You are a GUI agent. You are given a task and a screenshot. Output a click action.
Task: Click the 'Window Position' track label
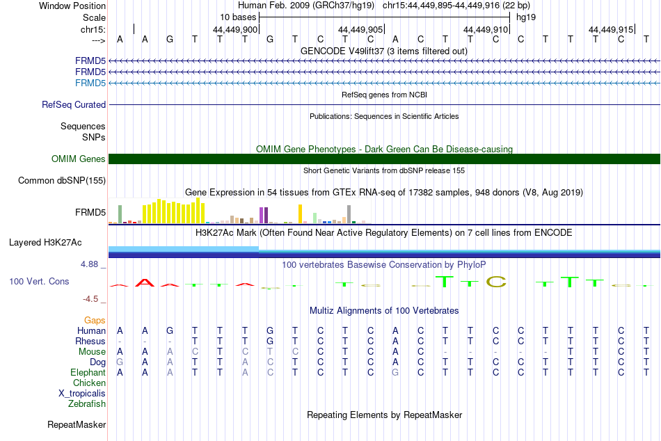pos(72,6)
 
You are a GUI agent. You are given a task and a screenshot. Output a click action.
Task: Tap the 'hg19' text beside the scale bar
pos(526,17)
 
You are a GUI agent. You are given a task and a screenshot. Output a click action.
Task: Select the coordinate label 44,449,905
pos(360,29)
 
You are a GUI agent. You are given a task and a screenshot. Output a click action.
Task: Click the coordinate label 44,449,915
pos(611,29)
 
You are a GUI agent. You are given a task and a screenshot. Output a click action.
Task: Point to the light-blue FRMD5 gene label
pos(90,83)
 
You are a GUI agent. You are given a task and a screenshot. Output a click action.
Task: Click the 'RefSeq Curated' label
pos(74,104)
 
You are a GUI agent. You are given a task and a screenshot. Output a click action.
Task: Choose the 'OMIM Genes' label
pos(79,159)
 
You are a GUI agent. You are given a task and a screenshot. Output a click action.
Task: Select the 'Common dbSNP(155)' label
pos(62,180)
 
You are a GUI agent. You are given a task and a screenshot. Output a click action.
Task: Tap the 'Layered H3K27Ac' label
pos(45,243)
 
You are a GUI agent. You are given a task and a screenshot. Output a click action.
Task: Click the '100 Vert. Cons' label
pos(39,281)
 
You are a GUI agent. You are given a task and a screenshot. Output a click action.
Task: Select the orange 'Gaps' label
pos(95,321)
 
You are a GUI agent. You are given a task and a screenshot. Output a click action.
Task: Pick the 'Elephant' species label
pos(88,372)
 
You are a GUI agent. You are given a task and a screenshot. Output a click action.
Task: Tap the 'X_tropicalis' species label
pos(82,394)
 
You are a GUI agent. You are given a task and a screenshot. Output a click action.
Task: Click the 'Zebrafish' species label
pos(87,403)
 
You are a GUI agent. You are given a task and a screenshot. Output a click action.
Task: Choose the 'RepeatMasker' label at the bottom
pos(77,424)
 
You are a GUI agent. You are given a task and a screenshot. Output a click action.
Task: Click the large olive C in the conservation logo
pos(495,282)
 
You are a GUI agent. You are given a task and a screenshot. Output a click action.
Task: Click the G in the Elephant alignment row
pos(395,372)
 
